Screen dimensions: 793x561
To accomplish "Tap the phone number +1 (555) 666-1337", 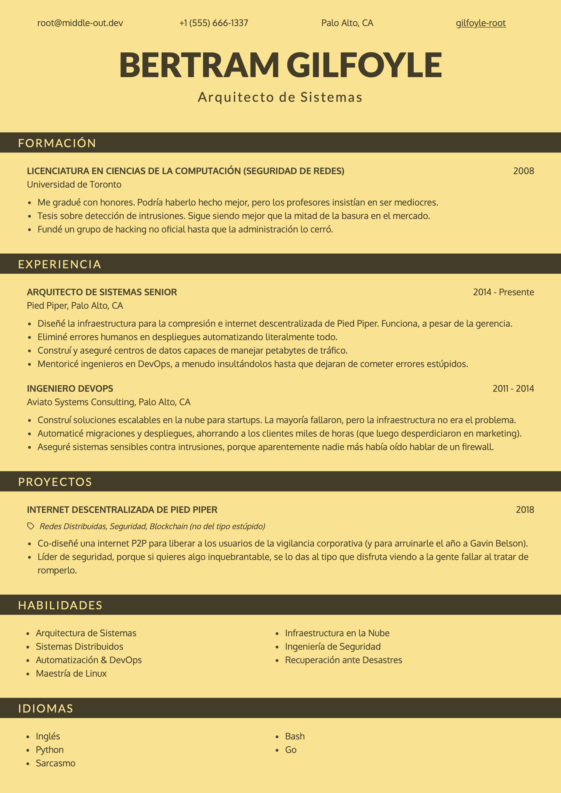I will tap(213, 23).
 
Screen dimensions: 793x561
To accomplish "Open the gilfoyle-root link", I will tap(480, 23).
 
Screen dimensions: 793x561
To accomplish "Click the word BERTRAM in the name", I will tap(199, 65).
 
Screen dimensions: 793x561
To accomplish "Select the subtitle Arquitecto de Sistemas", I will tap(280, 97).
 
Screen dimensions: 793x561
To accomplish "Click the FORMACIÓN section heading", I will tap(57, 143).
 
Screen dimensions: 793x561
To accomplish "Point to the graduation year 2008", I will tap(523, 171).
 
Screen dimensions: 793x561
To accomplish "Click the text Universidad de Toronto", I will tap(74, 185).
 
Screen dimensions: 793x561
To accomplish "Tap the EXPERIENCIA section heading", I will tap(60, 264).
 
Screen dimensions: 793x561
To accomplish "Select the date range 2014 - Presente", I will tap(503, 292).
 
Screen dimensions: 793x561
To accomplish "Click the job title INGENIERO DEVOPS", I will tap(70, 389).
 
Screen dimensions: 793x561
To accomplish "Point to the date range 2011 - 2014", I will tap(513, 389).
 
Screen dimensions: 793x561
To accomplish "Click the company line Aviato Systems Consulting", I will tap(109, 402).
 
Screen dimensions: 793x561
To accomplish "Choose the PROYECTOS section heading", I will tap(55, 482).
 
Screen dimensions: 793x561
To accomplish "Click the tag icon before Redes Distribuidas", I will tap(31, 526).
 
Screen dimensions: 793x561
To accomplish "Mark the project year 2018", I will tap(525, 510).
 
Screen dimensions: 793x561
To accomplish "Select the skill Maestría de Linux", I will tap(71, 674).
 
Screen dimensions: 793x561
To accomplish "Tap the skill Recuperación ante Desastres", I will tap(343, 660).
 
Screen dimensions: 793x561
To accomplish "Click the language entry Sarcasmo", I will tap(55, 763).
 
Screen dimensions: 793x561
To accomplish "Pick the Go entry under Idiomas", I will tap(291, 750).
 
